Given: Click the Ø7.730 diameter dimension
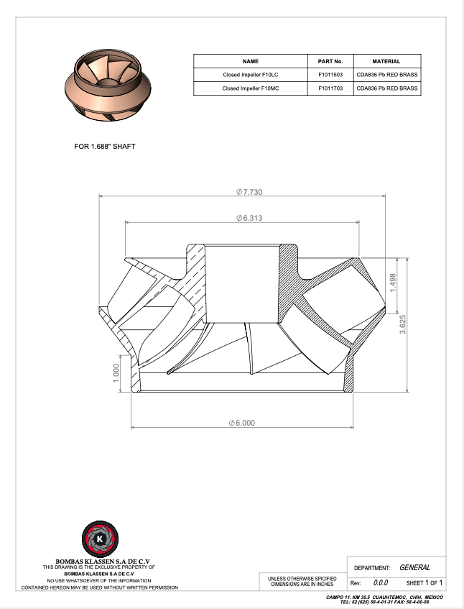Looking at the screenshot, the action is [x=249, y=192].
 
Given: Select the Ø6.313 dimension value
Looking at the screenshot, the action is [x=249, y=218].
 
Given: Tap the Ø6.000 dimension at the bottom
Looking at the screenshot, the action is [x=242, y=423].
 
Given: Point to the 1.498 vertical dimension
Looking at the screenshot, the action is [x=393, y=283].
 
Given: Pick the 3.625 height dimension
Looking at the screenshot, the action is [x=403, y=324].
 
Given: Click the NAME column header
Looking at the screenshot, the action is [x=251, y=61].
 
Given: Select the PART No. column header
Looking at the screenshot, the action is [x=330, y=61].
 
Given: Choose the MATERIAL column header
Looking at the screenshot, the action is [x=386, y=61].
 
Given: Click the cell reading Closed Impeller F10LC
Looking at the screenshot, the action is [x=251, y=75].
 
